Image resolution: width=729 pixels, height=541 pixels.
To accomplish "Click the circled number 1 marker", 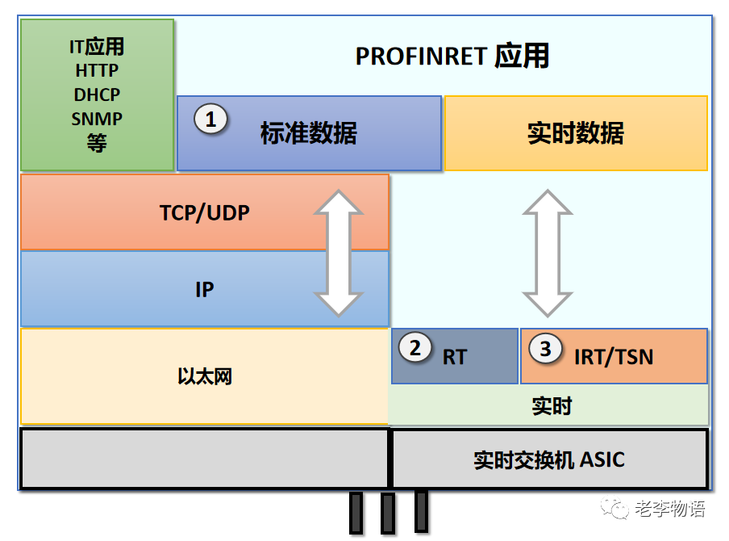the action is pos(210,119).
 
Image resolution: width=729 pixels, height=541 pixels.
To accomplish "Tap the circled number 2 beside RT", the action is pos(415,348).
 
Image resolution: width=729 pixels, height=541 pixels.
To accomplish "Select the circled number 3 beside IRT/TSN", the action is pos(545,348).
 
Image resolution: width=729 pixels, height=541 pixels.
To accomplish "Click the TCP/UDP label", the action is pos(205,213).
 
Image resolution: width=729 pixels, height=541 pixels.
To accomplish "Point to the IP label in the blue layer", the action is pos(205,290).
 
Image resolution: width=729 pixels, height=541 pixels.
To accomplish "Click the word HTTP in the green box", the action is pos(97,71).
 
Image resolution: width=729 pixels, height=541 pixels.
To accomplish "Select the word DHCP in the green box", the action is pos(97,95).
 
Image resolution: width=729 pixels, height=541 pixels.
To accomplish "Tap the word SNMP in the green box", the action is pos(97,120).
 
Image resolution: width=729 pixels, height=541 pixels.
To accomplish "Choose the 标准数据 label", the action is pos(309,133).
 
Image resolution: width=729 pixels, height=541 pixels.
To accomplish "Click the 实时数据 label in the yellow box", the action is pos(576,133).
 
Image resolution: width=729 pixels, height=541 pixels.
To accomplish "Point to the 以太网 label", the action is pos(205,376).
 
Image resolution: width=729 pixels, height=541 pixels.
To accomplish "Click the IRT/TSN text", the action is pos(614,357).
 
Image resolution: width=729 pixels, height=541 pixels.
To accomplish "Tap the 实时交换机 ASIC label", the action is pos(549,460).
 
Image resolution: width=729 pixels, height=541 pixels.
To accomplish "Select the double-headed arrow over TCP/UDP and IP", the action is pos(339,254).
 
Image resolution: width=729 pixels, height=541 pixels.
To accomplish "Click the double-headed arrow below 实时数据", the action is pos(548,254).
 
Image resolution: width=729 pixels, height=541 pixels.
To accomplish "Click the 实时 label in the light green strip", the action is pos(552,406).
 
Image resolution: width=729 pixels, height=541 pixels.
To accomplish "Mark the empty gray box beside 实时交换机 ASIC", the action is pos(205,459).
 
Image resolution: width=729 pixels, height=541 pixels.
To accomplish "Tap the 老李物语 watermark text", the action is pos(670,509).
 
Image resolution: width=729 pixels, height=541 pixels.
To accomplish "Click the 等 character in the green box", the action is pos(97,143).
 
